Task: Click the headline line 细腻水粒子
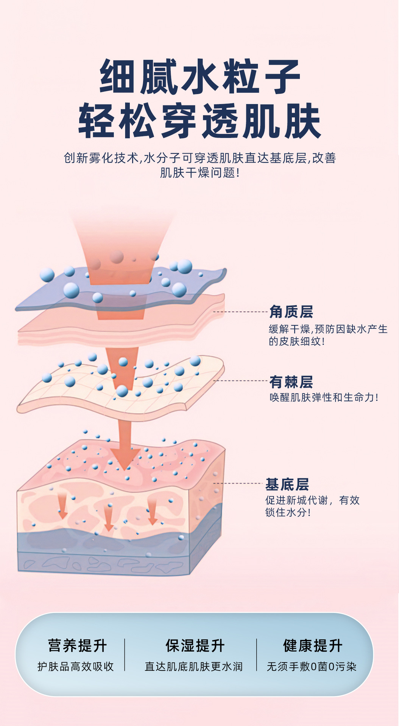click(199, 77)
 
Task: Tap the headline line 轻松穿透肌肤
click(199, 121)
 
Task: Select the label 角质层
click(291, 312)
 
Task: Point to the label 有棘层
click(291, 382)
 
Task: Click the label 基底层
click(287, 484)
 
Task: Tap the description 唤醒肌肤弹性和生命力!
click(324, 397)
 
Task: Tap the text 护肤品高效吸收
click(76, 667)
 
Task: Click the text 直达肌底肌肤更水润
click(193, 667)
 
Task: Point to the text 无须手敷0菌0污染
click(312, 667)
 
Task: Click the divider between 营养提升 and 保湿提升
click(125, 655)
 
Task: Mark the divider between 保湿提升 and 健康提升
click(257, 655)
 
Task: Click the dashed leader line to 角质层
click(240, 312)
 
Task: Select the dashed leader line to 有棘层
click(240, 381)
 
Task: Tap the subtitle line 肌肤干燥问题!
click(199, 173)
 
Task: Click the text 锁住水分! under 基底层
click(288, 513)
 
